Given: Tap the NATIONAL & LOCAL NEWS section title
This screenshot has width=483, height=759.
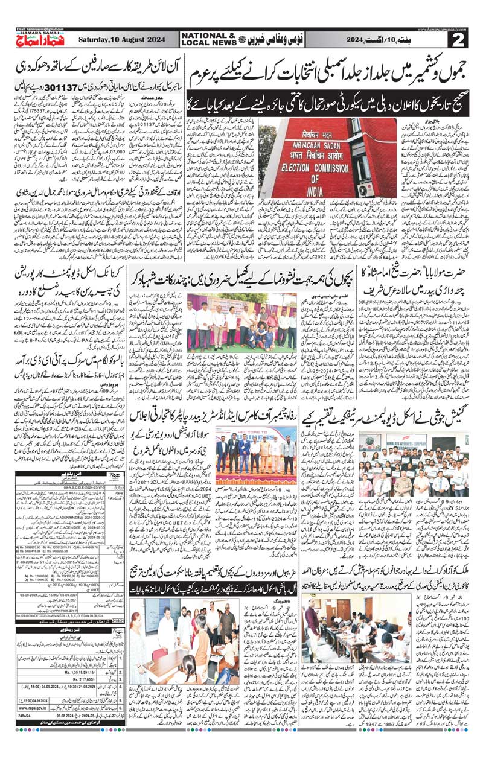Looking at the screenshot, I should coord(211,40).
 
